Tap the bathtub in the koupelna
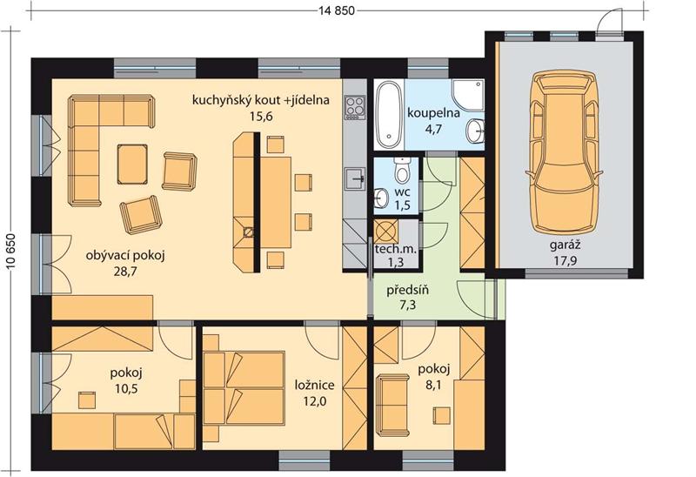pos(388,115)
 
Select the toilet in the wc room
pos(403,170)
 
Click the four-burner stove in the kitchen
pos(355,107)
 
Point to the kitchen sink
pos(355,178)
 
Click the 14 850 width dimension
pos(337,10)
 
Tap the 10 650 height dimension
pos(10,251)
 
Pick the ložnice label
pos(315,385)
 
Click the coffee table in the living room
pos(132,164)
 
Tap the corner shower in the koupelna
pos(468,95)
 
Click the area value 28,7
pos(125,272)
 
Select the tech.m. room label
pos(396,249)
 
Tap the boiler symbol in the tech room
pos(385,231)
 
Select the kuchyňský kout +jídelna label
pos(261,100)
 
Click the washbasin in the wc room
pos(381,198)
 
